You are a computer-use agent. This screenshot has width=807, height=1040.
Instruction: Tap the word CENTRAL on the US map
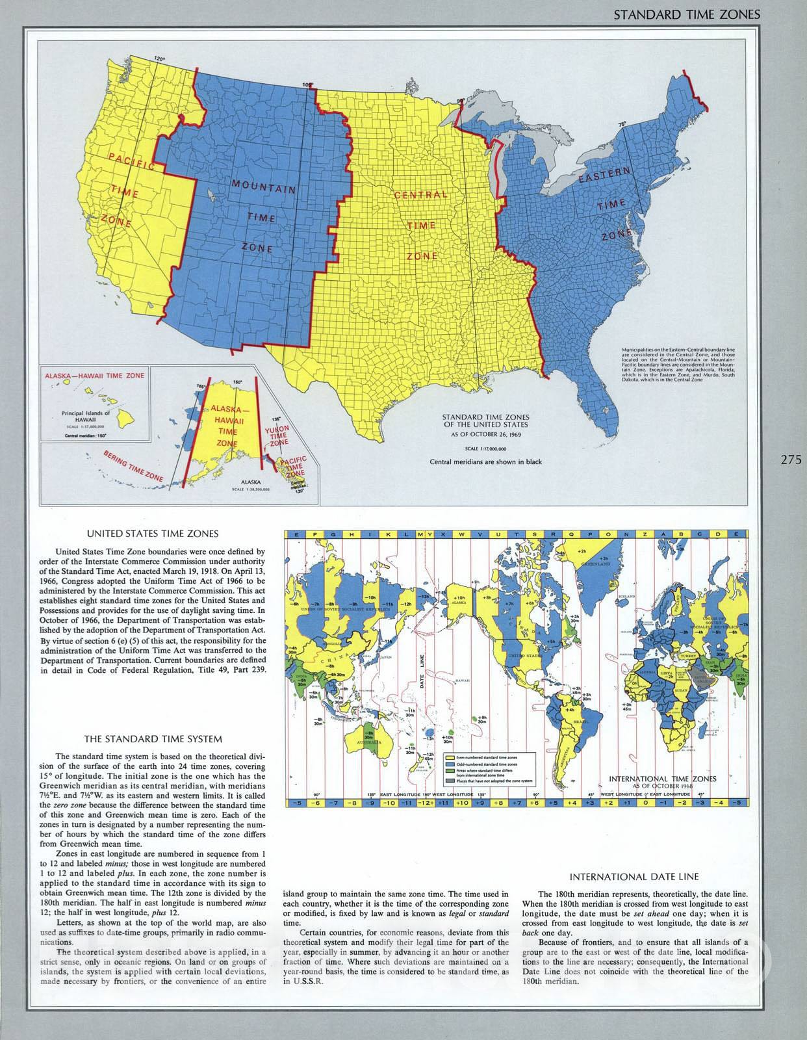(x=420, y=194)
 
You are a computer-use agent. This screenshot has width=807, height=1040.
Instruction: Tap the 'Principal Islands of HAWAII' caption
(x=86, y=417)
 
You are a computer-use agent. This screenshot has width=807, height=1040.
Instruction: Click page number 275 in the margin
(x=791, y=460)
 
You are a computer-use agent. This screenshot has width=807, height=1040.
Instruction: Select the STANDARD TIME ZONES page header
(x=687, y=15)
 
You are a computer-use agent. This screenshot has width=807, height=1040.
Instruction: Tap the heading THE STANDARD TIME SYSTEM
(x=153, y=738)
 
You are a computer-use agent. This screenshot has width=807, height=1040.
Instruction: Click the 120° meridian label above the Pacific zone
(x=160, y=59)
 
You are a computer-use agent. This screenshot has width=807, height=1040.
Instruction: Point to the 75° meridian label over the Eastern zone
(x=622, y=123)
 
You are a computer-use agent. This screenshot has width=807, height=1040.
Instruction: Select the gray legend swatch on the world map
(x=449, y=781)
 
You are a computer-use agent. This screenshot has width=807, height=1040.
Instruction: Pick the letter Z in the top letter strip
(x=644, y=534)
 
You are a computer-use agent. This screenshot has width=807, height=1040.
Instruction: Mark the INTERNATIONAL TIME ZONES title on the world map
(x=663, y=778)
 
